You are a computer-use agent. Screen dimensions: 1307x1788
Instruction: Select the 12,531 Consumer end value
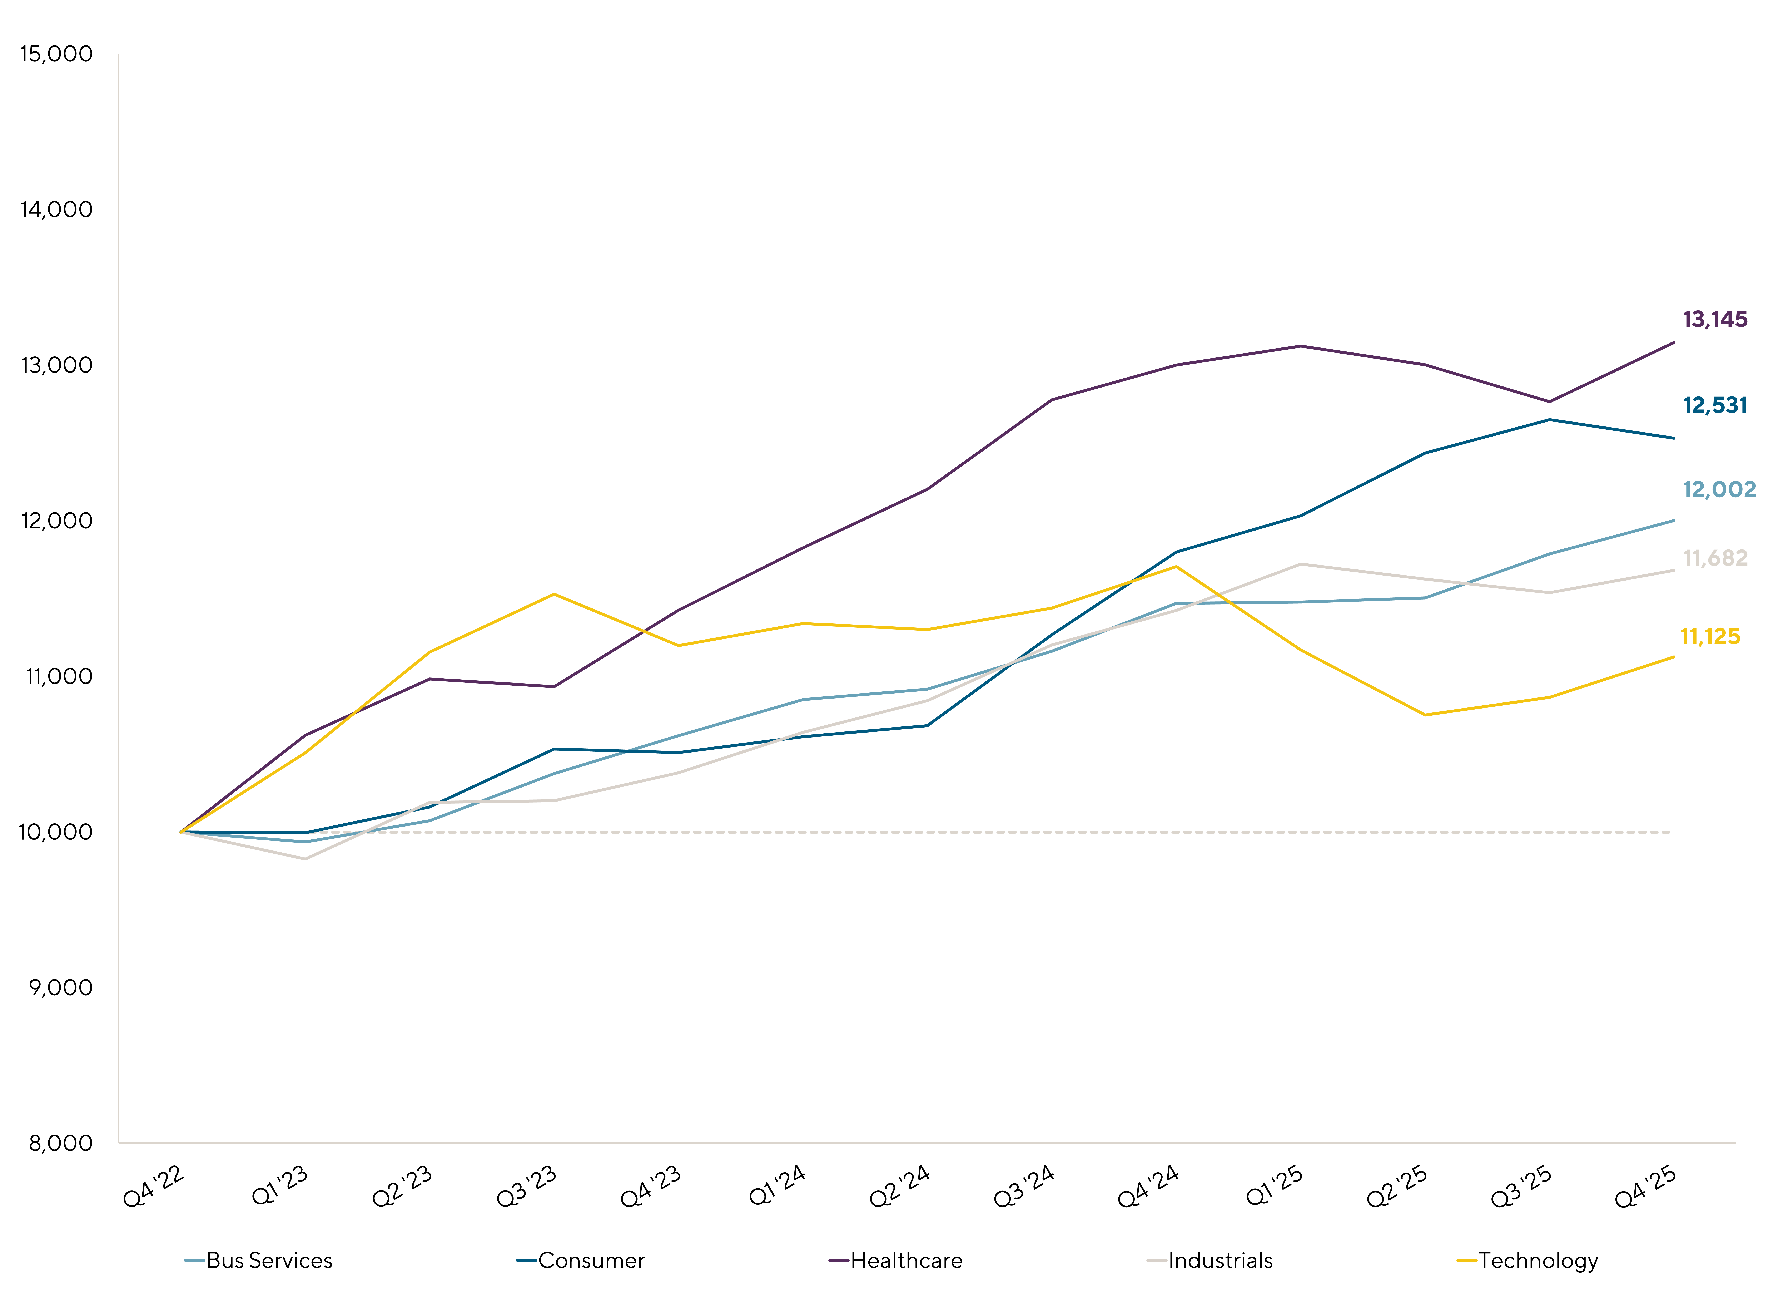click(1714, 406)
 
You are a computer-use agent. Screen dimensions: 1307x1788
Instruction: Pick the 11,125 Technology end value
click(1710, 637)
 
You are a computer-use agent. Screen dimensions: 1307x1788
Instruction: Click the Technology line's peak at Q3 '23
click(554, 594)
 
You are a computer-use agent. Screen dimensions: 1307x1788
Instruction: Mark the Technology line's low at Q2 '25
click(1425, 715)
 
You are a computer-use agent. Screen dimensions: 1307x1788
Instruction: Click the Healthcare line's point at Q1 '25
click(1301, 346)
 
